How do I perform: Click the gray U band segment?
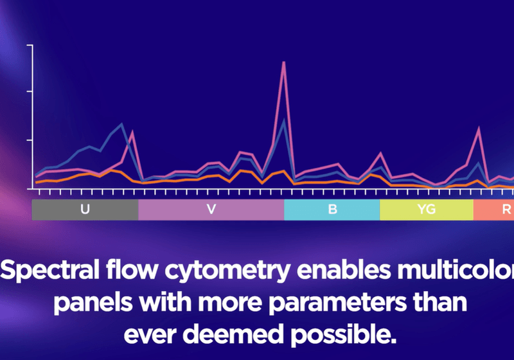pyautogui.click(x=58, y=210)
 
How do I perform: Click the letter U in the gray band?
pyautogui.click(x=85, y=210)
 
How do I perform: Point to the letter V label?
pyautogui.click(x=211, y=210)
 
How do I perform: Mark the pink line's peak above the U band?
pyautogui.click(x=132, y=131)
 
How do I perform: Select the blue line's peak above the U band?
pyautogui.click(x=121, y=123)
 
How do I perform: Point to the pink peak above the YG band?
pyautogui.click(x=478, y=127)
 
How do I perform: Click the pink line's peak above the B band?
pyautogui.click(x=380, y=153)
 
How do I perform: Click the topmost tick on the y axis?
pyautogui.click(x=29, y=45)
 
